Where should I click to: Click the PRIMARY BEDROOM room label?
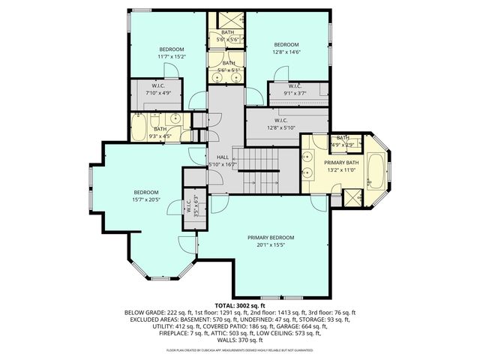pyautogui.click(x=271, y=238)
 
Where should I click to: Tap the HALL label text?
pyautogui.click(x=222, y=157)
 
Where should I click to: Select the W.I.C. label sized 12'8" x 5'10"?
pyautogui.click(x=281, y=127)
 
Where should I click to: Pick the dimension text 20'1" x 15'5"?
pyautogui.click(x=271, y=245)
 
